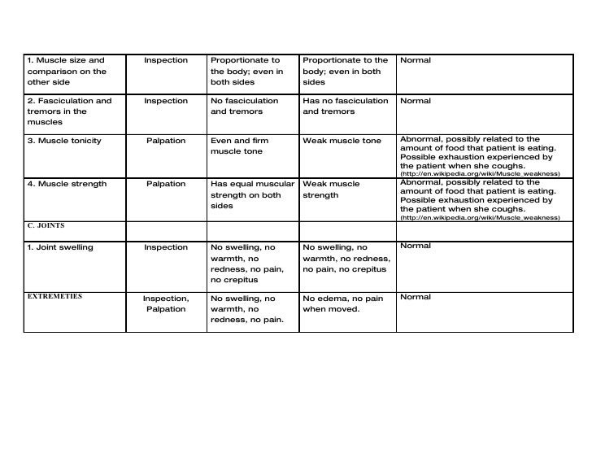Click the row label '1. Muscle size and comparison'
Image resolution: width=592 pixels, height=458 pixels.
pos(67,71)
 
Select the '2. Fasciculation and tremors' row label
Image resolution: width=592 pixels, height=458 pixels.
pos(69,111)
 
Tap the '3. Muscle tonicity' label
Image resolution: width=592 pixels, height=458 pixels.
pos(64,141)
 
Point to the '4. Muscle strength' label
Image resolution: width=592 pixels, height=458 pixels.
pos(67,184)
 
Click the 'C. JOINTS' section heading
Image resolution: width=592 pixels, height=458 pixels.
pos(46,225)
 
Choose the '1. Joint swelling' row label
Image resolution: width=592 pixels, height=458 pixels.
pos(61,247)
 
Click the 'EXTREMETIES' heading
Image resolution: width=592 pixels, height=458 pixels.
pos(54,296)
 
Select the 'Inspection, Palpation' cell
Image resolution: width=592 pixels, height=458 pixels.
pos(166,303)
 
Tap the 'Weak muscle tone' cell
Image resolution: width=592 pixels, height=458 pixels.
pos(342,141)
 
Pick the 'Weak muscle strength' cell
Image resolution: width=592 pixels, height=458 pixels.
pos(331,190)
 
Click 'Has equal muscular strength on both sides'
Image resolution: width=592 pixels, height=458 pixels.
pos(251,194)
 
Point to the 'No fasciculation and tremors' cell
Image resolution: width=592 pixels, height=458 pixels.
pos(244,107)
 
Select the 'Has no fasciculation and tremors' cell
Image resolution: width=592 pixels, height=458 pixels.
pos(345,107)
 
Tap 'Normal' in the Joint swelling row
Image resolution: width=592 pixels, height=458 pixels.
pos(416,246)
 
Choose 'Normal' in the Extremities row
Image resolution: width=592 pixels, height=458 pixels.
pos(416,297)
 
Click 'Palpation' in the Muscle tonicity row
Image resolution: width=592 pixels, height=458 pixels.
pos(166,141)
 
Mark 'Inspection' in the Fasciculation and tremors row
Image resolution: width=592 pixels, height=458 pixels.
pos(166,101)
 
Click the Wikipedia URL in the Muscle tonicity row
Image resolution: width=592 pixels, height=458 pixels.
pos(480,173)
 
